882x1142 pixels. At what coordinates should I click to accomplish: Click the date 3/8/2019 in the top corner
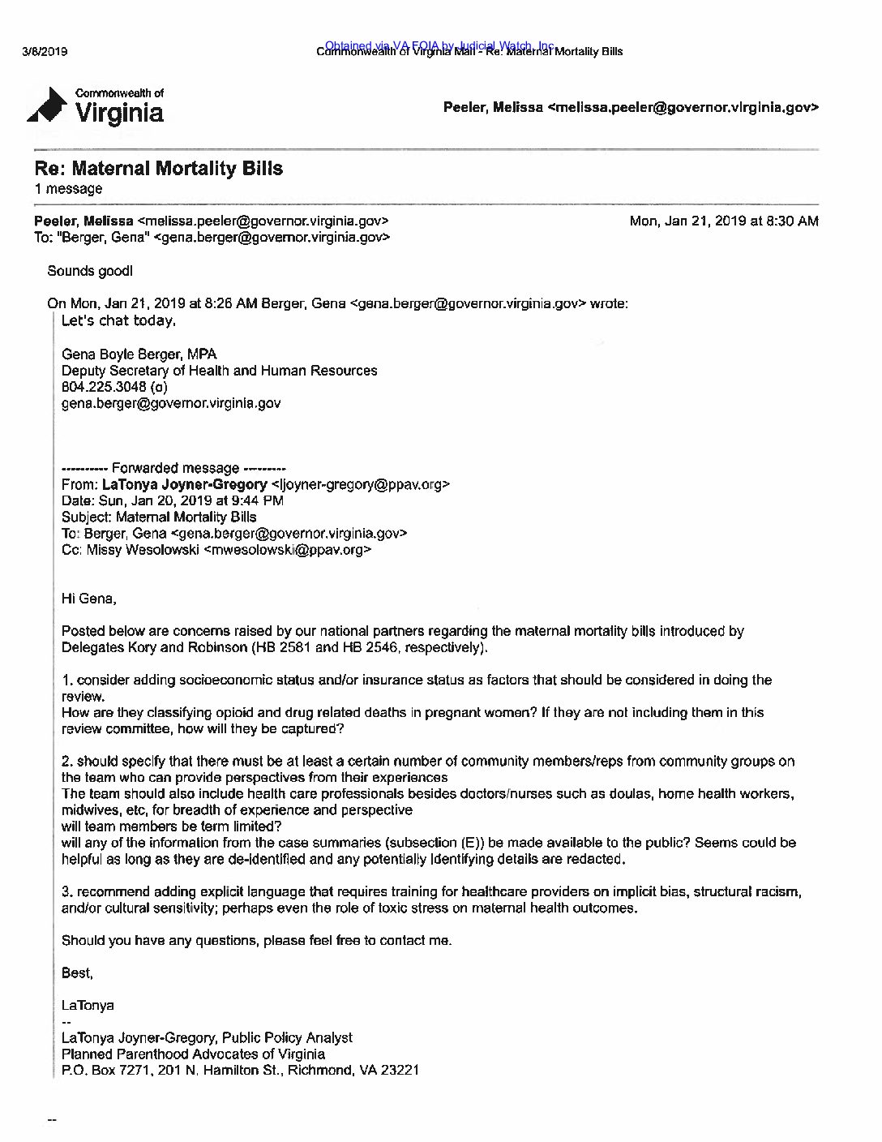(45, 52)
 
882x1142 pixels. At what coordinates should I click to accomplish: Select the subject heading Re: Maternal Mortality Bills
(158, 169)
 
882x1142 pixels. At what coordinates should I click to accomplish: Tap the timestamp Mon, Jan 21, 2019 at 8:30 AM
(724, 221)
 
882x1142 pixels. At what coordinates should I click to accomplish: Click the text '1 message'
(68, 189)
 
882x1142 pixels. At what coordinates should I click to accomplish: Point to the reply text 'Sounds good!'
(89, 271)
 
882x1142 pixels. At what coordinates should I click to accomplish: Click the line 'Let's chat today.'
(118, 320)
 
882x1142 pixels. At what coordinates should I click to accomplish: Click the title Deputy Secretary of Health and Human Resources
(219, 371)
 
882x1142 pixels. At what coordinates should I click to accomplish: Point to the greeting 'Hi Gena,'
(89, 599)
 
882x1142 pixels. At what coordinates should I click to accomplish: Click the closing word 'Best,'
(77, 972)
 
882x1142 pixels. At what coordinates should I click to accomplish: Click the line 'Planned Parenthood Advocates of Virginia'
(193, 1054)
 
